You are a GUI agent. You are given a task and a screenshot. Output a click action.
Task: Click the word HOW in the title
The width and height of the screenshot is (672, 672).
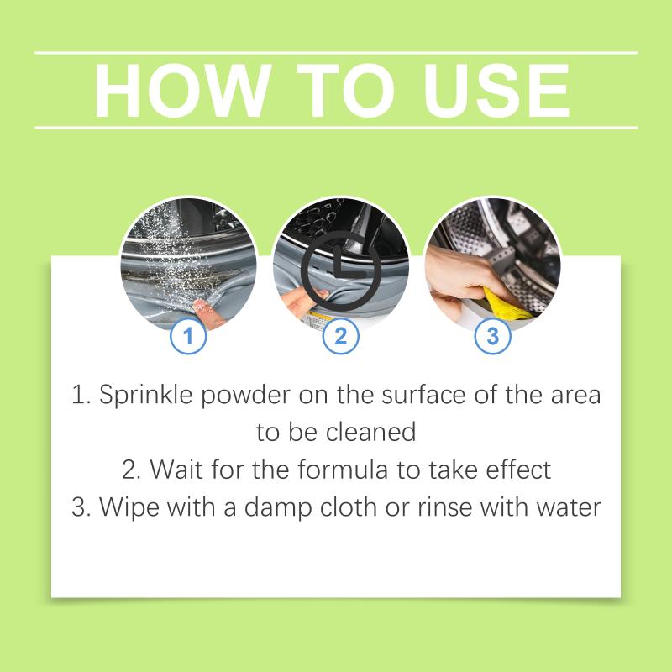tap(183, 91)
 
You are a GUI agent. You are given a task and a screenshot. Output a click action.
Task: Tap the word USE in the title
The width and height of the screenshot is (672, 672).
tap(496, 91)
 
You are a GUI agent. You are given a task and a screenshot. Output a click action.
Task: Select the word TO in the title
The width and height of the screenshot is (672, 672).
tap(345, 91)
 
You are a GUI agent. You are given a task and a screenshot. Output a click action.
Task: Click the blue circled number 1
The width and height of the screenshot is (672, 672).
tap(188, 335)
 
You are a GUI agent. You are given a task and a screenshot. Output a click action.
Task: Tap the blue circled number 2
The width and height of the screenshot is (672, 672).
tap(340, 335)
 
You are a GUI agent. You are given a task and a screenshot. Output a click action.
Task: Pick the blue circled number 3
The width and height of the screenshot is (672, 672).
tap(492, 335)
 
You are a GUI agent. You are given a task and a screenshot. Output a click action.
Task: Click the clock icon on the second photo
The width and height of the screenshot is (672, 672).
tap(341, 270)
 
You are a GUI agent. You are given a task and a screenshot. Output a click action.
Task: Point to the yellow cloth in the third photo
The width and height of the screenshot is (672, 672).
tap(506, 304)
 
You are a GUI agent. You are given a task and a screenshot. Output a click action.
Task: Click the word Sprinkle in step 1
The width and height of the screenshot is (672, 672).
tap(146, 395)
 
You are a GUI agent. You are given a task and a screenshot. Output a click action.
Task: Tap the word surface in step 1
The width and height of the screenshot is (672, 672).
tap(423, 394)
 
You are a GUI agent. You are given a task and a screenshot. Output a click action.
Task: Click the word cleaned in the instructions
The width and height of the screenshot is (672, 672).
tap(370, 432)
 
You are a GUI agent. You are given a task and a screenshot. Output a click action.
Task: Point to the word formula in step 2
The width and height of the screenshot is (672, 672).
tap(343, 470)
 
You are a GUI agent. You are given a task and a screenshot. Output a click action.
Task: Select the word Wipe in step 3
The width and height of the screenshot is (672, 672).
tap(129, 508)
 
